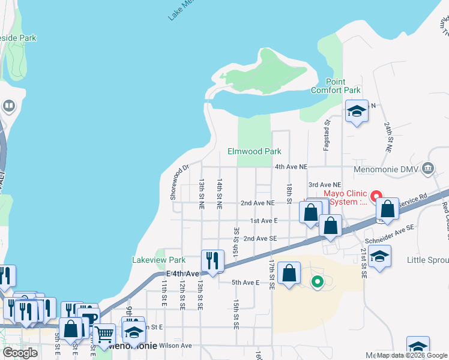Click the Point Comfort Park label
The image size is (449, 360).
click(x=335, y=86)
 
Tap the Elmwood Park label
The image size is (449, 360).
click(x=255, y=151)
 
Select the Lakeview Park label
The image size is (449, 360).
click(x=158, y=260)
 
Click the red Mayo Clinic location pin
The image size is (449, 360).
click(x=376, y=196)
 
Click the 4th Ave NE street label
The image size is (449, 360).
click(x=291, y=166)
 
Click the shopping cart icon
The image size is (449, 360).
click(x=104, y=334)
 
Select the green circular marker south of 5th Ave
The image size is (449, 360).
click(x=318, y=280)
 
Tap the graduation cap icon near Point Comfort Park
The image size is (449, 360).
click(x=357, y=111)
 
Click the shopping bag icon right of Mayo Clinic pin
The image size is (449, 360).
click(x=388, y=209)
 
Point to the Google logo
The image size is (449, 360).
click(x=20, y=353)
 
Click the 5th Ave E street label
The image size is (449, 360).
click(x=245, y=282)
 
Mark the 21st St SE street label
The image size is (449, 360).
click(x=364, y=263)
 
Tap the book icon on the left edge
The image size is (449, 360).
click(x=9, y=107)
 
